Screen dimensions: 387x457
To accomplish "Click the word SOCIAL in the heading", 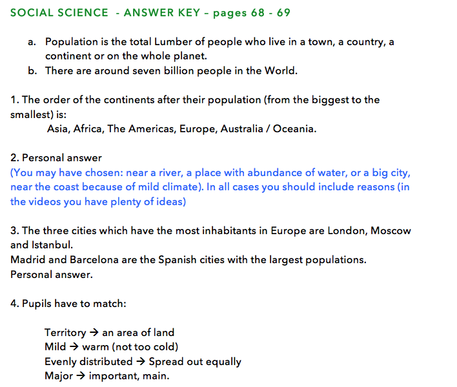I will point(32,13).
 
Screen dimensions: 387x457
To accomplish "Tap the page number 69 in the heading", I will point(283,13).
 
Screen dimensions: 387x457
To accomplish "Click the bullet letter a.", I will point(32,42).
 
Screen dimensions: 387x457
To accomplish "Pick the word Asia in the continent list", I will point(57,129).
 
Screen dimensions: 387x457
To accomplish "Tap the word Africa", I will point(88,129).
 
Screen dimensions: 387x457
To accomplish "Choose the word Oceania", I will point(294,129).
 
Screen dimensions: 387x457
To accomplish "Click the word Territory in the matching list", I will point(65,333).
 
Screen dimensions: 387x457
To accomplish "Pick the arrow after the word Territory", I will point(94,333).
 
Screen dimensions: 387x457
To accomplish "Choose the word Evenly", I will point(62,362).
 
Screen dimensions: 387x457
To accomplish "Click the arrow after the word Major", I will point(81,376).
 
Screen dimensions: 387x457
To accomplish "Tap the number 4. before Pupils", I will point(15,304).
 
